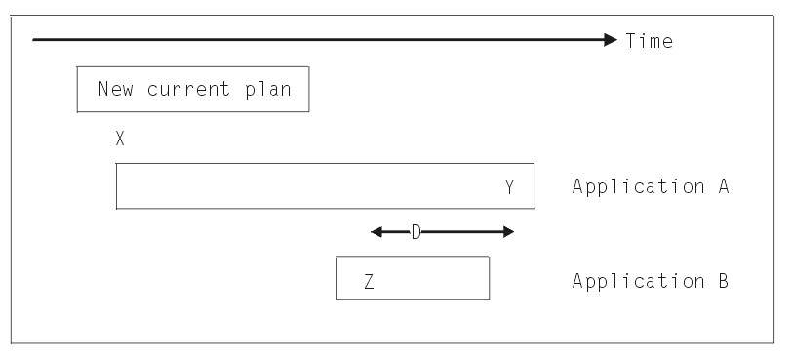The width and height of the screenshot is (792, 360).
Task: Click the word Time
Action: point(649,41)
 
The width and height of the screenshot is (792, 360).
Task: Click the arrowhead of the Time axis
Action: point(611,40)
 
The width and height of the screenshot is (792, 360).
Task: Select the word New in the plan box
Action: point(115,89)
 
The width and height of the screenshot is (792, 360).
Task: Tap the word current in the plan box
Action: point(191,89)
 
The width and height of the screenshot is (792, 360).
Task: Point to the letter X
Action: point(119,139)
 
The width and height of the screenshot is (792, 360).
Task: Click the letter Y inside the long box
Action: point(510,185)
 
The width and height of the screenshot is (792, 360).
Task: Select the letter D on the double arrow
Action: point(415,232)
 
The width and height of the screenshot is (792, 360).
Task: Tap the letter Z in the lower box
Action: point(369,281)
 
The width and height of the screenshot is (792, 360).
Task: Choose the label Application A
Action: point(651,185)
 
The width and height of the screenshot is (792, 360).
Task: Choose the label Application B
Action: point(651,281)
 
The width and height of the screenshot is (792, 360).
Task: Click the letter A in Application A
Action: point(723,185)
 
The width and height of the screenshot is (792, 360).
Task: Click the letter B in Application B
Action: point(723,281)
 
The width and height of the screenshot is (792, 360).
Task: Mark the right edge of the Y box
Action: point(535,185)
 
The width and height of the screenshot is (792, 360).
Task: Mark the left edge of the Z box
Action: point(336,278)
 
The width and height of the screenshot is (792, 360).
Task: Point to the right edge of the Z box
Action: point(489,278)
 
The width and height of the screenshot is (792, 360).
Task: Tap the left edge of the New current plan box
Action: point(77,90)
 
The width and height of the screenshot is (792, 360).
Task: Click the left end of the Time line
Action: point(34,40)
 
